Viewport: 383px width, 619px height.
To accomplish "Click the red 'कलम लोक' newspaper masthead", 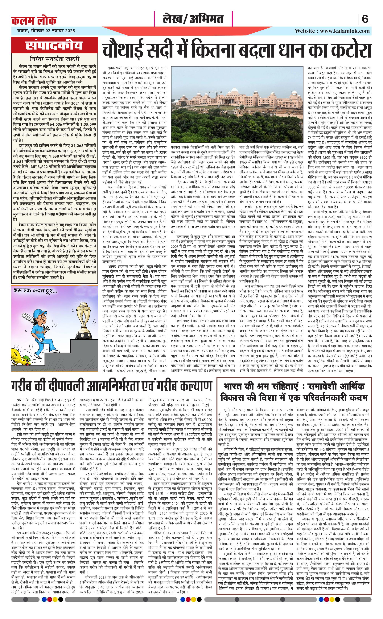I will pos(34,20).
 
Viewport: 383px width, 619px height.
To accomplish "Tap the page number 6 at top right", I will pos(365,19).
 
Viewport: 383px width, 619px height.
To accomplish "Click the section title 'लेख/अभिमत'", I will pos(193,19).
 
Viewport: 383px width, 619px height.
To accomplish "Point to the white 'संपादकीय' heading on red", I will pos(54,45).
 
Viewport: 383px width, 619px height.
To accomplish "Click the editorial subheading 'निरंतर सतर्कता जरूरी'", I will pos(55,59).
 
